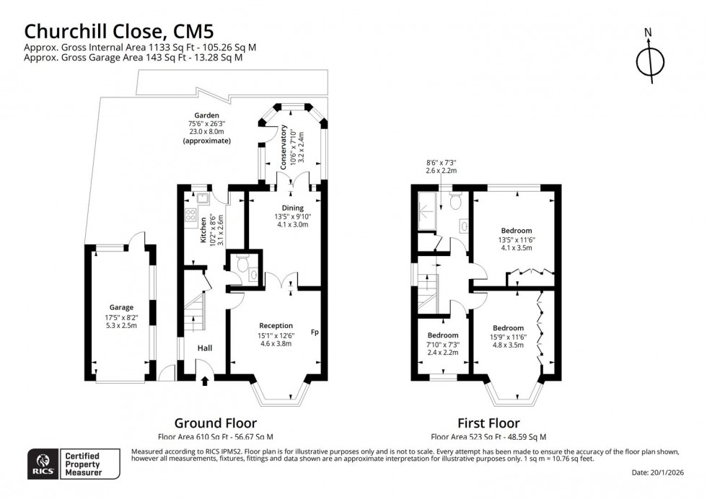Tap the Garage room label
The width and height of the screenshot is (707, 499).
tap(122, 307)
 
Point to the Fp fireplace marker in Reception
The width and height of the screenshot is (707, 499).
tap(315, 332)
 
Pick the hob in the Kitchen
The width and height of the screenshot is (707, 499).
tap(190, 213)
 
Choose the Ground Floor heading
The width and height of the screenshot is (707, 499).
tap(216, 423)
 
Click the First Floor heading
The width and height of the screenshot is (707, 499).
tap(488, 423)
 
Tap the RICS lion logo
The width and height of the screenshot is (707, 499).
tap(43, 462)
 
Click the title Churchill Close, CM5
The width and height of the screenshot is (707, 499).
tap(120, 31)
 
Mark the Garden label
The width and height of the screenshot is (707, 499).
tap(206, 115)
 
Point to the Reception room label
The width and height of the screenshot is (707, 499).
tap(276, 325)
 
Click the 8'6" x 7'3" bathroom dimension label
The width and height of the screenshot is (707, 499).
tap(441, 167)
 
